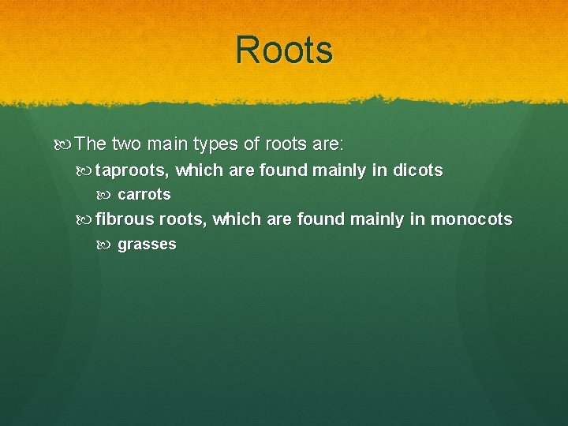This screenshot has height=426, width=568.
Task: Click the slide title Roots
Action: coord(284,50)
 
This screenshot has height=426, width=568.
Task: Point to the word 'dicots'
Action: coord(417,170)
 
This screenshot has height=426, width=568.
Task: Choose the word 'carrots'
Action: coord(144,194)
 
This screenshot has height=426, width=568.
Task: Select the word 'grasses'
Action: coord(147,245)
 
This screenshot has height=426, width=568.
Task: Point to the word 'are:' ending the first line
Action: coord(326,144)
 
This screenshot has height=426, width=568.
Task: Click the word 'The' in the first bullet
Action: coord(92,144)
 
